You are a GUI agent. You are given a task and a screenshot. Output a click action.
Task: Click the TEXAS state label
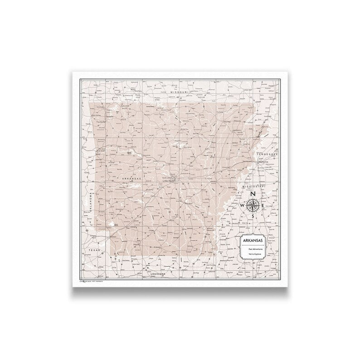pos(94,250)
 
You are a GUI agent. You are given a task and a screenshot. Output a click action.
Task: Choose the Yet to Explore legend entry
pos(256,256)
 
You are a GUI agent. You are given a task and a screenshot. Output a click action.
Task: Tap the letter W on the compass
pos(242,206)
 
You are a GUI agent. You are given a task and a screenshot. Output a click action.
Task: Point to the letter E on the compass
pos(264,206)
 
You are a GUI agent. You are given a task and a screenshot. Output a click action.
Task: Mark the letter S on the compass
pos(253,217)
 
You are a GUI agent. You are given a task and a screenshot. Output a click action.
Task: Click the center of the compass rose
pos(253,206)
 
